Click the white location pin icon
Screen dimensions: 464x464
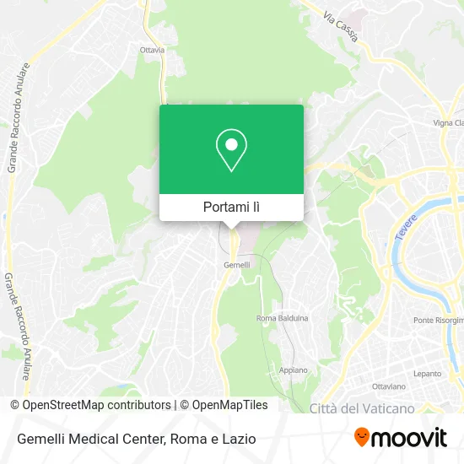[x=231, y=150]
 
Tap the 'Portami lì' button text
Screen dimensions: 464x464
[x=231, y=207]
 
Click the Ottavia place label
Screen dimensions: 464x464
[x=152, y=50]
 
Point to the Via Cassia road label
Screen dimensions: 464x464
[x=342, y=25]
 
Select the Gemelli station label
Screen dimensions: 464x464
[x=235, y=265]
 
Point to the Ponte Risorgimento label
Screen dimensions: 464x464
[x=439, y=321]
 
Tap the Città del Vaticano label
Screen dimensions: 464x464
[x=362, y=408]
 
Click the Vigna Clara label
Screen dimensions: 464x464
[x=448, y=122]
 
